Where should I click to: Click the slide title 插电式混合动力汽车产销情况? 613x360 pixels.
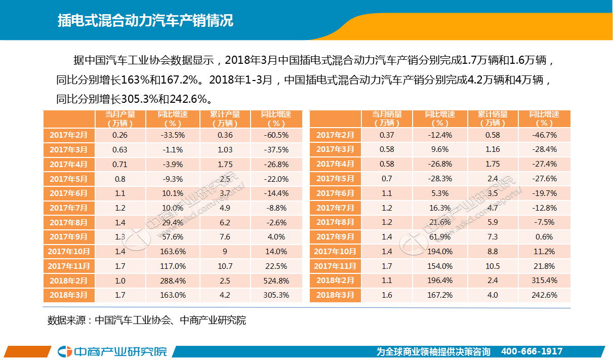(x=145, y=21)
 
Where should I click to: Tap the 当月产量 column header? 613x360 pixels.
(x=120, y=118)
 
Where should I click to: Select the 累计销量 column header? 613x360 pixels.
(x=493, y=118)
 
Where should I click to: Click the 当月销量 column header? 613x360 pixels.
(x=387, y=118)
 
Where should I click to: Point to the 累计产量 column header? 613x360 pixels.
(x=225, y=118)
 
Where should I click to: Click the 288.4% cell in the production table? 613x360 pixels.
(x=173, y=281)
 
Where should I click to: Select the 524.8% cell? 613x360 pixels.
(x=276, y=281)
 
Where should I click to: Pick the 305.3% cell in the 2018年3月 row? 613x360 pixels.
(x=276, y=295)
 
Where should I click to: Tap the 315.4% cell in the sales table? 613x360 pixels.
(x=545, y=281)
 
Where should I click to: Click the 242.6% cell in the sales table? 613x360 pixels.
(x=545, y=295)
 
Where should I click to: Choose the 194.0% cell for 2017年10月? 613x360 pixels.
(x=439, y=252)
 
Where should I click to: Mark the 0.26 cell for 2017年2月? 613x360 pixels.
(x=120, y=135)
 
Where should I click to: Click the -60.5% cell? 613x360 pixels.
(x=276, y=135)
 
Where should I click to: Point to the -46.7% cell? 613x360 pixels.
(x=545, y=135)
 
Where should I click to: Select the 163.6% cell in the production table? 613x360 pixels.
(x=173, y=252)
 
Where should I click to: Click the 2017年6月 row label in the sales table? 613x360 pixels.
(x=335, y=193)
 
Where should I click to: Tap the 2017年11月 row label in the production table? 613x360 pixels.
(x=69, y=266)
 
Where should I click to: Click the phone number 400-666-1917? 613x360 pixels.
(x=532, y=351)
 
